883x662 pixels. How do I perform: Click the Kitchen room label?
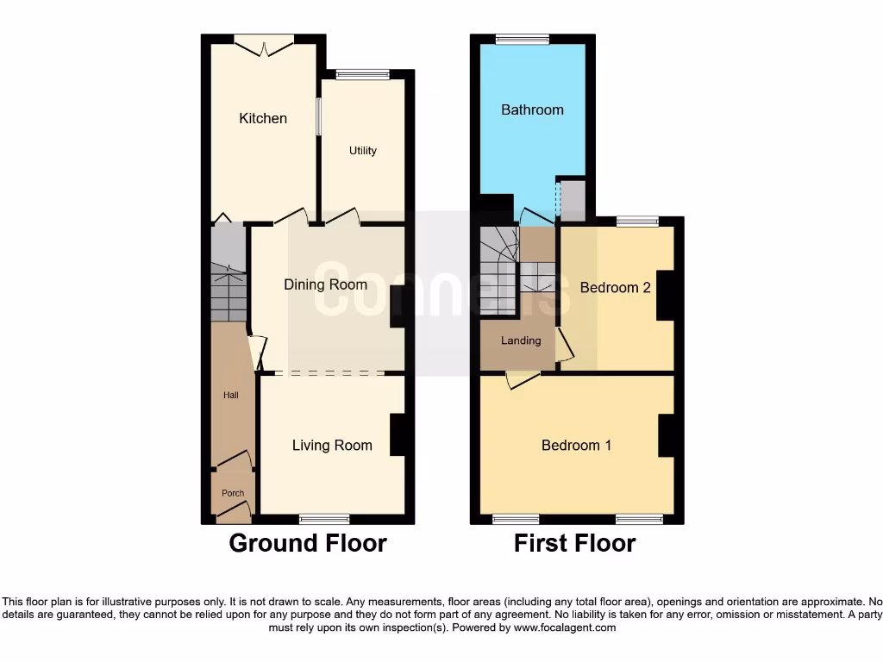tap(263, 118)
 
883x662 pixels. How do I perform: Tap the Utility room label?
tap(362, 151)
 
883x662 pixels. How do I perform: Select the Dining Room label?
tap(326, 284)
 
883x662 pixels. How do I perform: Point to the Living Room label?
tap(332, 446)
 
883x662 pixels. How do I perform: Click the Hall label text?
tap(231, 396)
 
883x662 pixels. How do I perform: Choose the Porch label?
tap(233, 494)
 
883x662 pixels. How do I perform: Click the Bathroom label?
tap(532, 109)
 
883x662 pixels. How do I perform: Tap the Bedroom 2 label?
tap(615, 288)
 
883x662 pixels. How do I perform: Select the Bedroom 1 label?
tap(576, 446)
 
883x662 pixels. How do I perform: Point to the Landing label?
tap(521, 340)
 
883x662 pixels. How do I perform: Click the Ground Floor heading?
tap(308, 544)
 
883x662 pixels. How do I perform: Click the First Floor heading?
tap(574, 544)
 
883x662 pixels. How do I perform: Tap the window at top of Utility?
tap(362, 74)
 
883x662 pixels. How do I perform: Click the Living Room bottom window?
tap(324, 519)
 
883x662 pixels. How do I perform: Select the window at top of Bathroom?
tap(523, 39)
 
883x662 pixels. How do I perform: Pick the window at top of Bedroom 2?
tap(637, 222)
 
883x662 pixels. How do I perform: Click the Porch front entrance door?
tap(233, 515)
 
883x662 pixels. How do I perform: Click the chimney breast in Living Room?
tap(398, 434)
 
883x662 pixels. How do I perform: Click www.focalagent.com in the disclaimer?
tap(564, 628)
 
